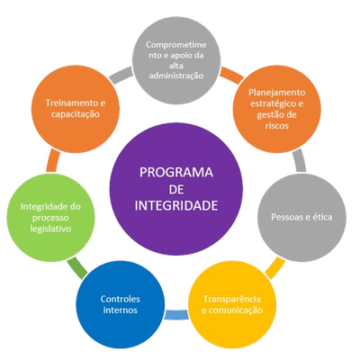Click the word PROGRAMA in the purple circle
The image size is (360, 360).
[176, 173]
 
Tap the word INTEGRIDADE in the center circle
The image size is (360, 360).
[176, 206]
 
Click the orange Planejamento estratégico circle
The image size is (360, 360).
[277, 109]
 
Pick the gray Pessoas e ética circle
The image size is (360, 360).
[301, 217]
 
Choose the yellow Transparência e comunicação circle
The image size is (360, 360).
[232, 304]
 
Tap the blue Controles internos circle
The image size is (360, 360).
[121, 304]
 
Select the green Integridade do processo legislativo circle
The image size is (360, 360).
[50, 217]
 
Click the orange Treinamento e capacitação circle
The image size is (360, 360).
[76, 109]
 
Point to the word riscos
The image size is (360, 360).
[277, 125]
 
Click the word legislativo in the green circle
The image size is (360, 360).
[50, 229]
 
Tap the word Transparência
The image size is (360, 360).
[232, 299]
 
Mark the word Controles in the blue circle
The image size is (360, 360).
[121, 299]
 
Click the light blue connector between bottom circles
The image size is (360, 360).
[176, 314]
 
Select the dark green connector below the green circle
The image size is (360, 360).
[77, 266]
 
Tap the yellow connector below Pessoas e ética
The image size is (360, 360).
[275, 268]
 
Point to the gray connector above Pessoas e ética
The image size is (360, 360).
[299, 161]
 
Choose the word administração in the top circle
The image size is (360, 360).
[176, 76]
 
